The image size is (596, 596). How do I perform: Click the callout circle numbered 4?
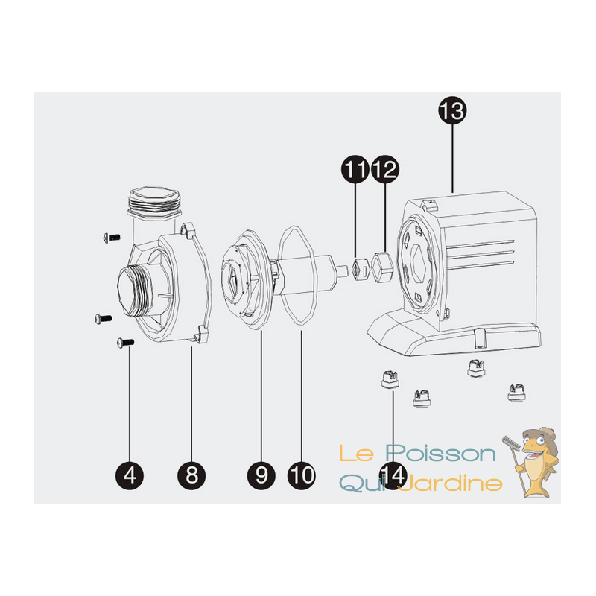[x=130, y=475]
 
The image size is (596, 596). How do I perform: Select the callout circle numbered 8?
[x=191, y=475]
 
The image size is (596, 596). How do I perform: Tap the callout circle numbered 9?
[x=261, y=475]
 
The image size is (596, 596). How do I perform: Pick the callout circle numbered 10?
[x=302, y=475]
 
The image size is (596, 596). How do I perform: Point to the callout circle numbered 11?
[x=355, y=169]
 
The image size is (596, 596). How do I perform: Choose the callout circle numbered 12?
[x=385, y=169]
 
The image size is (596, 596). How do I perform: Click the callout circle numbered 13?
[x=452, y=110]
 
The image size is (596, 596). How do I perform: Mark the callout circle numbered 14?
[x=393, y=475]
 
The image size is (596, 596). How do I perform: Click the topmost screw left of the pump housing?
[x=112, y=238]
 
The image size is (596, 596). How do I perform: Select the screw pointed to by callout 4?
[x=125, y=343]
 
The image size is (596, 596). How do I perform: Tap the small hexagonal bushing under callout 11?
[x=361, y=269]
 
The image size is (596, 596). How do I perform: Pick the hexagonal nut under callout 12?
[x=383, y=267]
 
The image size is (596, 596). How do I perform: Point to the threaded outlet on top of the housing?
[x=155, y=203]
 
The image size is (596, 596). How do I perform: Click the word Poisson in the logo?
[x=440, y=454]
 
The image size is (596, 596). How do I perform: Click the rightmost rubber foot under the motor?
[x=516, y=393]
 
